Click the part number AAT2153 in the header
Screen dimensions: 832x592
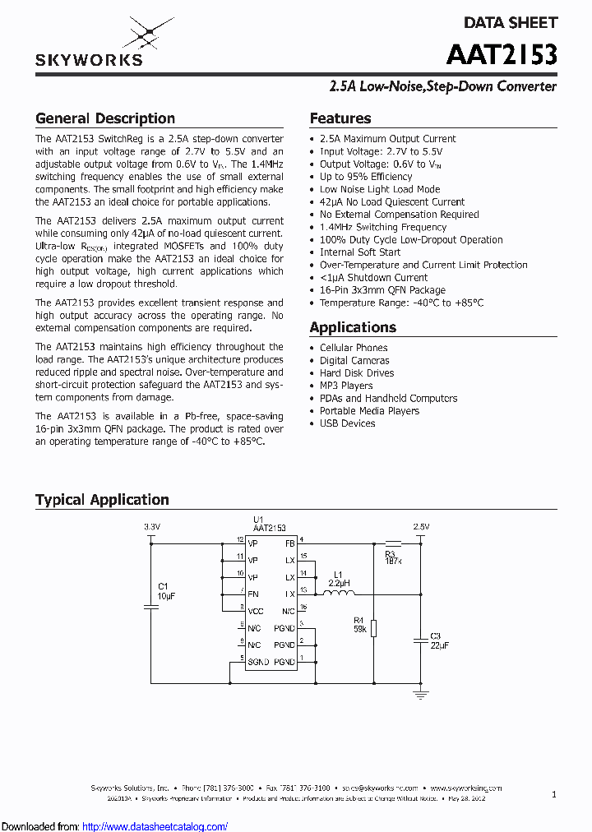coord(502,55)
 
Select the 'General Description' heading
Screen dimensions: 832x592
coord(105,118)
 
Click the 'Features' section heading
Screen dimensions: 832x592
coord(340,118)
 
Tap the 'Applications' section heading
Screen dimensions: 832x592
coord(353,327)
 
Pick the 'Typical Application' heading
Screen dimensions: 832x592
coord(102,500)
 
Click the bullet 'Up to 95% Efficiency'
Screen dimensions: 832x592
coord(366,177)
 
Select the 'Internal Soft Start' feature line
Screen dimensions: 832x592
coord(360,252)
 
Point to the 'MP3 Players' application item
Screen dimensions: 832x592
coord(346,386)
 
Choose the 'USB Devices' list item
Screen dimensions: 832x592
coord(347,423)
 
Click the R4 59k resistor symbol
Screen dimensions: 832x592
coord(373,628)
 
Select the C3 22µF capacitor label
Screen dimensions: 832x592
coord(439,640)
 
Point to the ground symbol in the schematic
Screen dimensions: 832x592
coord(420,695)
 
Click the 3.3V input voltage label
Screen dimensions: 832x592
coord(151,526)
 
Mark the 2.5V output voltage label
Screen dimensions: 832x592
coord(420,526)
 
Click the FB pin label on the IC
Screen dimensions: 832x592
coord(289,543)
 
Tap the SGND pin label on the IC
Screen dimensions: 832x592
coord(258,662)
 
